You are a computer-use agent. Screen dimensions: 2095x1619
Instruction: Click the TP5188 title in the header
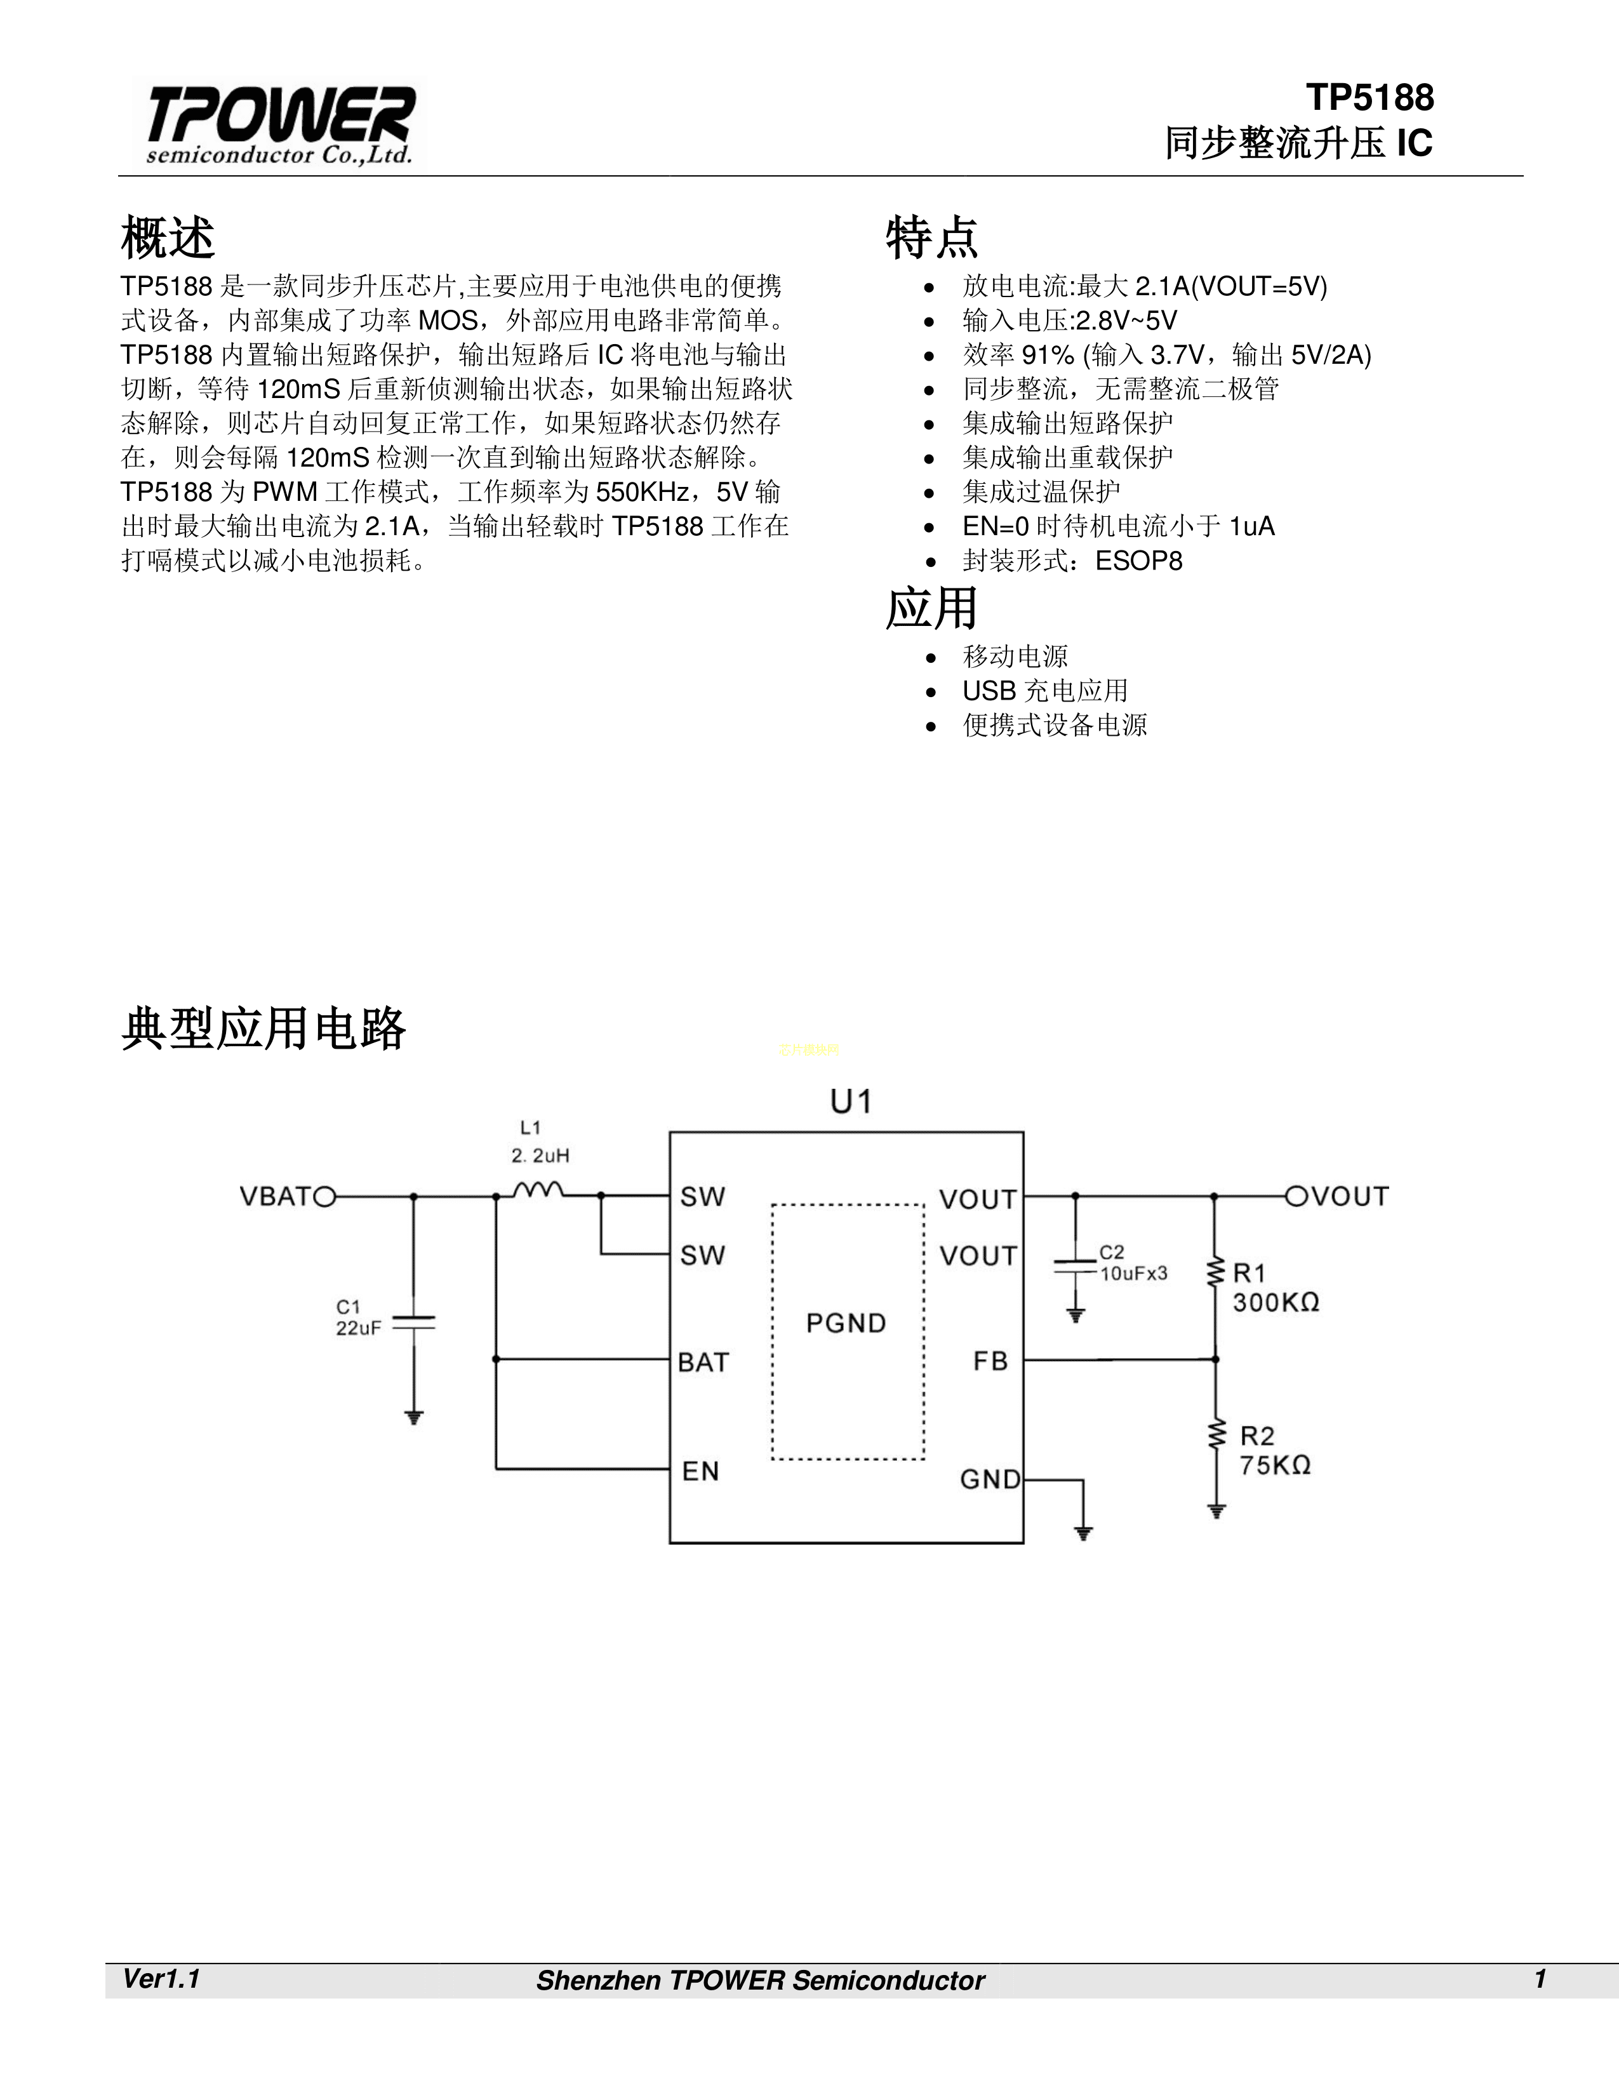[x=1369, y=98]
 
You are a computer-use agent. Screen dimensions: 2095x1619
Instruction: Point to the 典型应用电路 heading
[x=263, y=1028]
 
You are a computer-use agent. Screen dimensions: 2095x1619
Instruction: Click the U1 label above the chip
[x=851, y=1102]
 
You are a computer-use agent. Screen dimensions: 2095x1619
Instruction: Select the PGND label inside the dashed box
[x=846, y=1323]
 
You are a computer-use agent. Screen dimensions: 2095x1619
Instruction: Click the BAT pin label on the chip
[x=703, y=1362]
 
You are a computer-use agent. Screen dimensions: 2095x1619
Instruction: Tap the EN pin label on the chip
[x=700, y=1470]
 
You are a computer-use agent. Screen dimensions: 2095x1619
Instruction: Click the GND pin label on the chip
[x=990, y=1479]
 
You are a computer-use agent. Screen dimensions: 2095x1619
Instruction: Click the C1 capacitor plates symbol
[x=415, y=1322]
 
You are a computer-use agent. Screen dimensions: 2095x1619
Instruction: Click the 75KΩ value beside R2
[x=1275, y=1465]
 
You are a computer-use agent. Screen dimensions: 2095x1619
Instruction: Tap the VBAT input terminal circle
[x=326, y=1196]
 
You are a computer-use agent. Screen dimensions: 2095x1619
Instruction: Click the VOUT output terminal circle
[x=1296, y=1196]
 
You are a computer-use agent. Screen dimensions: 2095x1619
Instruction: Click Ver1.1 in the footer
[x=161, y=1979]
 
